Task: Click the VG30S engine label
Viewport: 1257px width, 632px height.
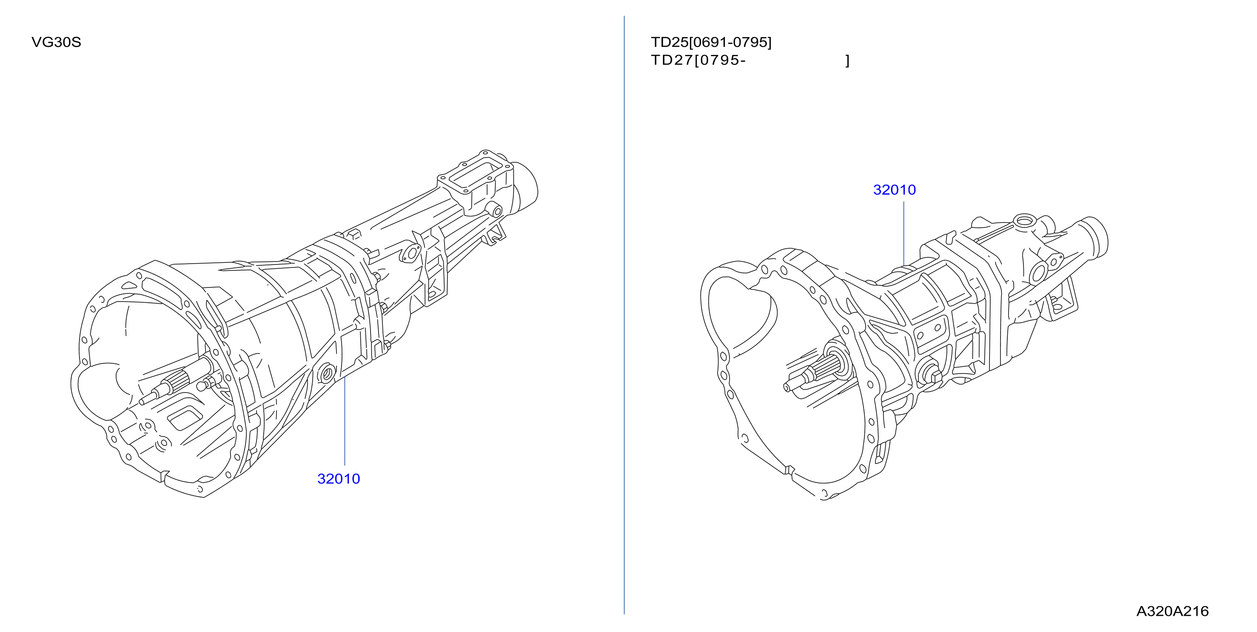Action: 56,43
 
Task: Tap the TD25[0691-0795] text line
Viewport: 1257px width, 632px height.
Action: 711,43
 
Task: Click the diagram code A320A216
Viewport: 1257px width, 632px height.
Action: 1173,611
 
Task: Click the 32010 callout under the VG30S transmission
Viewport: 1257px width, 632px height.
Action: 339,479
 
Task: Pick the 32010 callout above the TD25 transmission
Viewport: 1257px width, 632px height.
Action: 895,190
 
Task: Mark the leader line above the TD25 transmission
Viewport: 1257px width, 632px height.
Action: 904,233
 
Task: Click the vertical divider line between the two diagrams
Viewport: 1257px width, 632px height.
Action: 624,315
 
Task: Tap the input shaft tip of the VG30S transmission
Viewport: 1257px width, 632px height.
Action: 143,402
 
